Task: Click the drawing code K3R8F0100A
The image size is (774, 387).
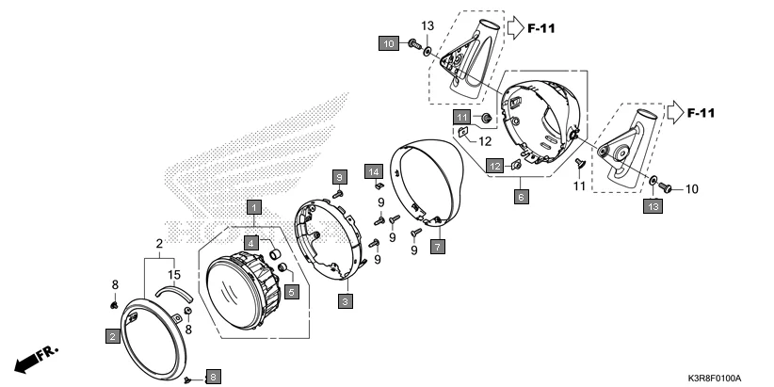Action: point(707,377)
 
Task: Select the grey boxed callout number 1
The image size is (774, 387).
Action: point(253,205)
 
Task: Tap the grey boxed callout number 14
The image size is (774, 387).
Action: point(372,170)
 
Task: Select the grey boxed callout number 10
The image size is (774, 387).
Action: point(389,43)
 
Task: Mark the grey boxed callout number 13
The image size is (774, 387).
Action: point(651,205)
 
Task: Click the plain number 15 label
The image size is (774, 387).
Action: point(173,274)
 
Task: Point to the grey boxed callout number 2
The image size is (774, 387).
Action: point(112,336)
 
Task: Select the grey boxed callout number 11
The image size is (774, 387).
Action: point(461,116)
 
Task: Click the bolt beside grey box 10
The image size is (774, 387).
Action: point(413,43)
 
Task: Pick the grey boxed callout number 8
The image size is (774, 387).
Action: point(212,376)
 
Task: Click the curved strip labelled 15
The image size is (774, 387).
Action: point(171,293)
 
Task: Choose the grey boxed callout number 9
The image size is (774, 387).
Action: point(339,176)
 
